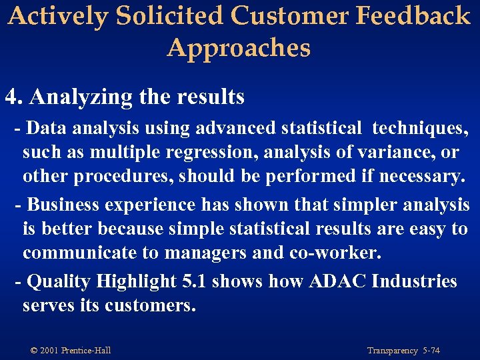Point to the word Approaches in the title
coord(239,48)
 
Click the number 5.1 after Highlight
coord(195,281)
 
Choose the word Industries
coord(415,281)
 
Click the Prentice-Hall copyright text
coord(71,350)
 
